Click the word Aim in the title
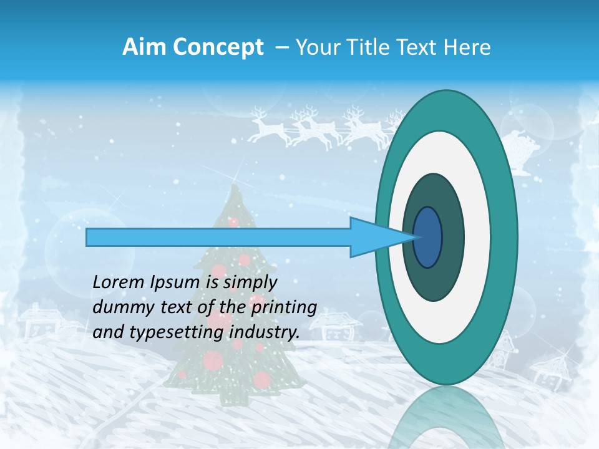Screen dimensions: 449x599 pyautogui.click(x=141, y=47)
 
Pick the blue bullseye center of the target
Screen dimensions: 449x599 pyautogui.click(x=428, y=238)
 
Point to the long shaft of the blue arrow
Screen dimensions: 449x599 pyautogui.click(x=218, y=238)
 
